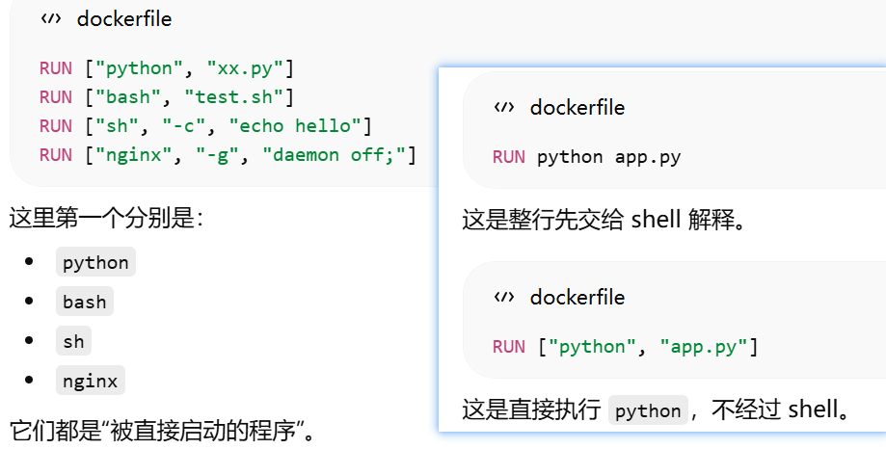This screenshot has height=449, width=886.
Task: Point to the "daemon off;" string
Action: coord(343,154)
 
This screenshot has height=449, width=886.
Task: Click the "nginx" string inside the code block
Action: coord(129,154)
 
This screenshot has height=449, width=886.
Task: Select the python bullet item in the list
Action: coord(95,262)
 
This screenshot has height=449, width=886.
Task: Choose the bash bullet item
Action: coord(85,302)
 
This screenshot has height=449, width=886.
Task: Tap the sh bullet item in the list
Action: coord(74,341)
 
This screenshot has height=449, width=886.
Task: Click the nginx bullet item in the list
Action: coord(90,381)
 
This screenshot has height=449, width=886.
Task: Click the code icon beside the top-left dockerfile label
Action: coord(50,18)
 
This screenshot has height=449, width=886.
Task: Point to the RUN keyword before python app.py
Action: coord(508,157)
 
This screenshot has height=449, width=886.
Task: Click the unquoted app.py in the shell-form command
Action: coord(648,157)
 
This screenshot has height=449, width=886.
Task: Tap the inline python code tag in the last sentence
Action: coord(648,411)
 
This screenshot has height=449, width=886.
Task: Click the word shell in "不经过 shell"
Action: coord(818,411)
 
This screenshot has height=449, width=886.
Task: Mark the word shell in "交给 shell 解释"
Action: coord(656,220)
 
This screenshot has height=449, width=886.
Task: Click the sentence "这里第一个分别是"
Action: coord(106,218)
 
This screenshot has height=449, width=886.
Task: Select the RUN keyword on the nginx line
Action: coord(55,154)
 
